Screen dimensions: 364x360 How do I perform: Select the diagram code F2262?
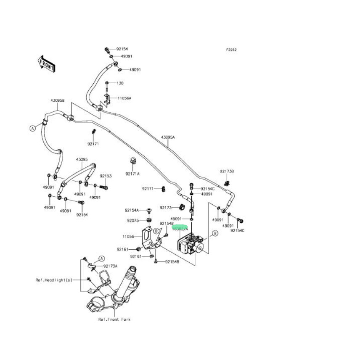231,50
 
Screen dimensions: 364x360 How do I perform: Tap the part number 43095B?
58,100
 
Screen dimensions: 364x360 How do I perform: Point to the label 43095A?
168,137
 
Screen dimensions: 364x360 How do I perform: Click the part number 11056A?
124,98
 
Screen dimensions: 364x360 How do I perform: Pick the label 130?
120,83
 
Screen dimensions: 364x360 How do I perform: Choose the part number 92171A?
132,174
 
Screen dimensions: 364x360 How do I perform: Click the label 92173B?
227,171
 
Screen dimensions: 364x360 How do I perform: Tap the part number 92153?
106,176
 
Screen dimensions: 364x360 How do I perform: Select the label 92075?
133,220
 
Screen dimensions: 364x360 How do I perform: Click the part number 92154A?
132,210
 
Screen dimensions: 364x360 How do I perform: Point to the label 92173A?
111,266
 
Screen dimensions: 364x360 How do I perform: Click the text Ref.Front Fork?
114,319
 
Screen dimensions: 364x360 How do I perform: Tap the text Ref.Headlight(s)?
54,280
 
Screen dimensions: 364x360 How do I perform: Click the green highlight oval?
180,227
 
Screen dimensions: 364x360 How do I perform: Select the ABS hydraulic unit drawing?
191,244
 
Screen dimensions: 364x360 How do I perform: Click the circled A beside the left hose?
32,129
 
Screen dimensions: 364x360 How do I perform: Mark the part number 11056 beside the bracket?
128,237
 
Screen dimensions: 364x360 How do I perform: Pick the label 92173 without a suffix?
166,208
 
